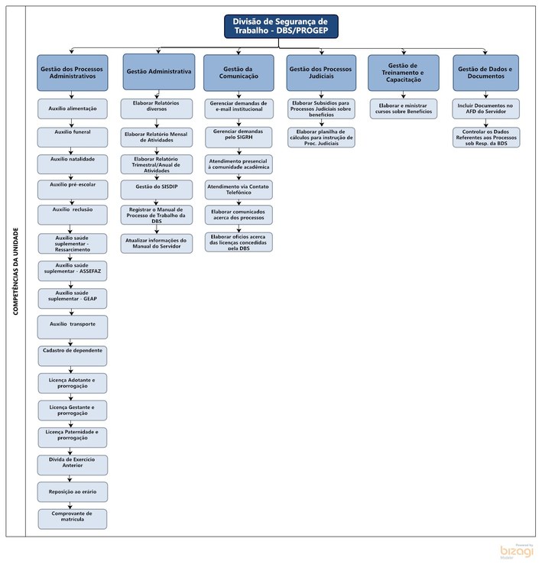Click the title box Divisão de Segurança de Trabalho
[281, 26]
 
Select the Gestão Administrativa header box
[158, 72]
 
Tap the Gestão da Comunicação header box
[238, 72]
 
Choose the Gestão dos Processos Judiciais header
[320, 72]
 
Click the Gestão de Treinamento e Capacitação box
[404, 72]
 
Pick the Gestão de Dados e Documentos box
[485, 72]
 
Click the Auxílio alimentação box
[73, 109]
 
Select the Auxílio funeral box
[73, 136]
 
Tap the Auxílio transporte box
[73, 326]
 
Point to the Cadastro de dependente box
[73, 355]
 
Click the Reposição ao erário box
[73, 491]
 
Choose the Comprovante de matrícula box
[73, 518]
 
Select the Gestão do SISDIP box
[157, 189]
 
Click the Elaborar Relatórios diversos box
[157, 108]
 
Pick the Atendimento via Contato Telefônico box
[238, 189]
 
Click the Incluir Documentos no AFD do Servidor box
[485, 108]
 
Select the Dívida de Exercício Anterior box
[73, 463]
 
